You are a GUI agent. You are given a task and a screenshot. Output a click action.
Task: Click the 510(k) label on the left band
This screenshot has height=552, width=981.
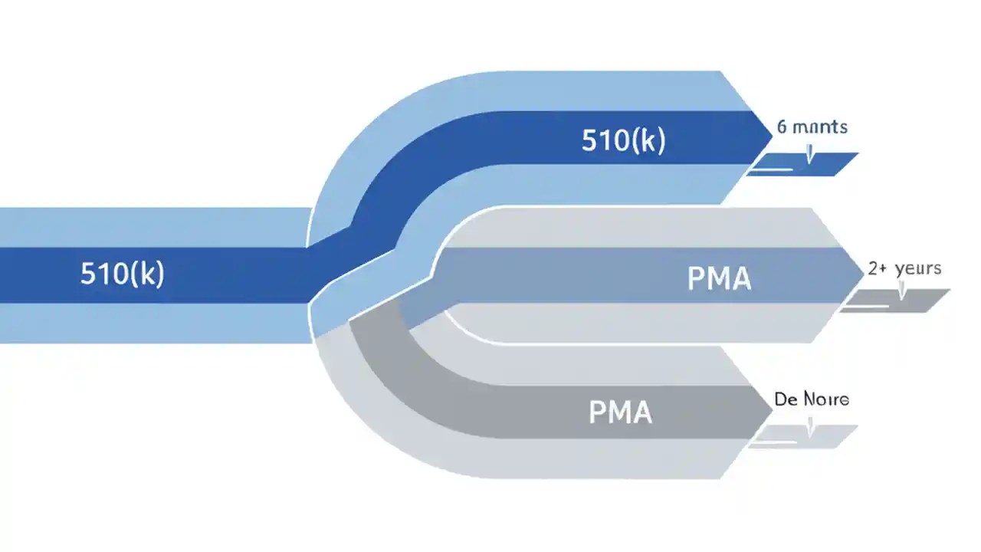122,274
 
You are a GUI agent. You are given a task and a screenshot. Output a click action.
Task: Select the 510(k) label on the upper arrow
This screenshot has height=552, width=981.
623,140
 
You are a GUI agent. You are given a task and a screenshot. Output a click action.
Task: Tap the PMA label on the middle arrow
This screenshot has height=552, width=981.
719,278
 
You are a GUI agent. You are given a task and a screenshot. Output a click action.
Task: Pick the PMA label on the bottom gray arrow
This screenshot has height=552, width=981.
620,412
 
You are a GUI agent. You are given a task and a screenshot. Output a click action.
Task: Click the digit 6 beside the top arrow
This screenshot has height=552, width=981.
782,127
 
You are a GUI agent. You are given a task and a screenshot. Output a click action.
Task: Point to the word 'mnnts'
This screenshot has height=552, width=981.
821,127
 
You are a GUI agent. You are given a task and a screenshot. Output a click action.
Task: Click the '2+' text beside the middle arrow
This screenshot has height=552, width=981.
878,269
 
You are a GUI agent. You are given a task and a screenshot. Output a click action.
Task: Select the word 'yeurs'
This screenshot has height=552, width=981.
918,270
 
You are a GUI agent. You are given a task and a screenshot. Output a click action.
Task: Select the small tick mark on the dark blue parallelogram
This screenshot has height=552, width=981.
810,157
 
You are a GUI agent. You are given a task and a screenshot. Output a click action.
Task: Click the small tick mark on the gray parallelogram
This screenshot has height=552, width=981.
902,294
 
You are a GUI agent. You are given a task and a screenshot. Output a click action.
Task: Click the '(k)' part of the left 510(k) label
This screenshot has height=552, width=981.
146,274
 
